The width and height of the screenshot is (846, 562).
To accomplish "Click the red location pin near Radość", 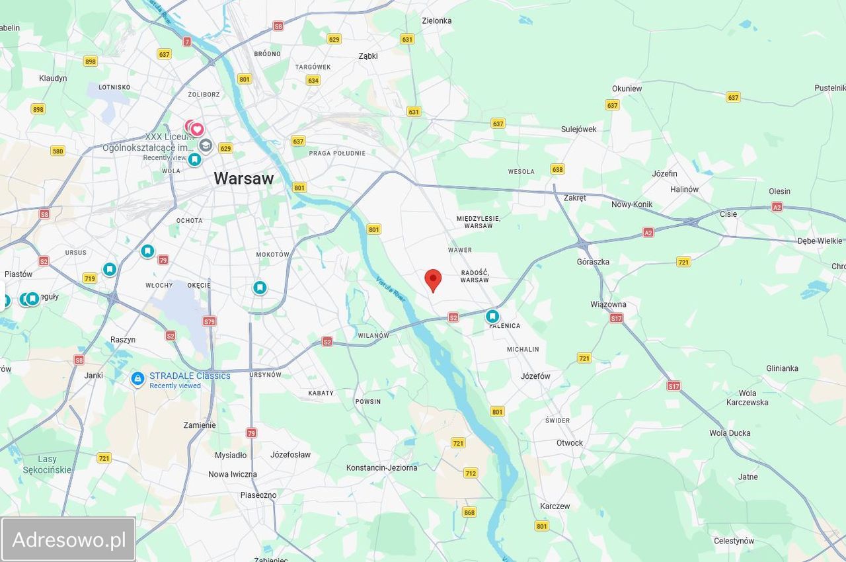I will coord(433,280).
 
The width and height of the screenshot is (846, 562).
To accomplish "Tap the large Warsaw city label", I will coord(243,178).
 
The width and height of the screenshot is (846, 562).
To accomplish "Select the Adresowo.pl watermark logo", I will coord(69,540).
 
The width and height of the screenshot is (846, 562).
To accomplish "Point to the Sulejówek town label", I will coord(578,129).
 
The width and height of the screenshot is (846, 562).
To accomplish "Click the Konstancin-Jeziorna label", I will coord(381,467).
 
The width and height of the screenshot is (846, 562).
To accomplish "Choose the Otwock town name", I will coord(569,443).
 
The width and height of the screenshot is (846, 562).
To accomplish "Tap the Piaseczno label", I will coord(258,495).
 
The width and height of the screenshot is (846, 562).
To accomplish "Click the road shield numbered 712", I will coord(471,473).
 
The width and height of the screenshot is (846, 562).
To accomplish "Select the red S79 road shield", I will coord(209,321).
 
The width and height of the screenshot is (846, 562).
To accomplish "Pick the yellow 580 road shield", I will coord(58,151).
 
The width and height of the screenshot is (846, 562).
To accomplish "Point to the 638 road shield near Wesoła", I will coord(557,169).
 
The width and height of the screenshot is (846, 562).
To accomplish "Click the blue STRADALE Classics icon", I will coord(137,379).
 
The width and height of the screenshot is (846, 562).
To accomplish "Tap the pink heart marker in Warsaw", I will coord(197,129).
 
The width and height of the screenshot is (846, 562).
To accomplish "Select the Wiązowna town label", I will coord(608,305).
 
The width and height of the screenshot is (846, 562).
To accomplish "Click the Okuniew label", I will coord(627,89).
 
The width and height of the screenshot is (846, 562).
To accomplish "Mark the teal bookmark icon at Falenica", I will coord(492,317).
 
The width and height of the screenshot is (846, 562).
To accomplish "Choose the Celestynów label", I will coord(734,541).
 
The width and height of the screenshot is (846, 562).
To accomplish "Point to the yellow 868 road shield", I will coord(469,512).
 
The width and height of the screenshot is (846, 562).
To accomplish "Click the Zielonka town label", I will coord(436,20).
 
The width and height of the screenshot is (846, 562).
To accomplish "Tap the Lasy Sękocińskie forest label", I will coord(48,464).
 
